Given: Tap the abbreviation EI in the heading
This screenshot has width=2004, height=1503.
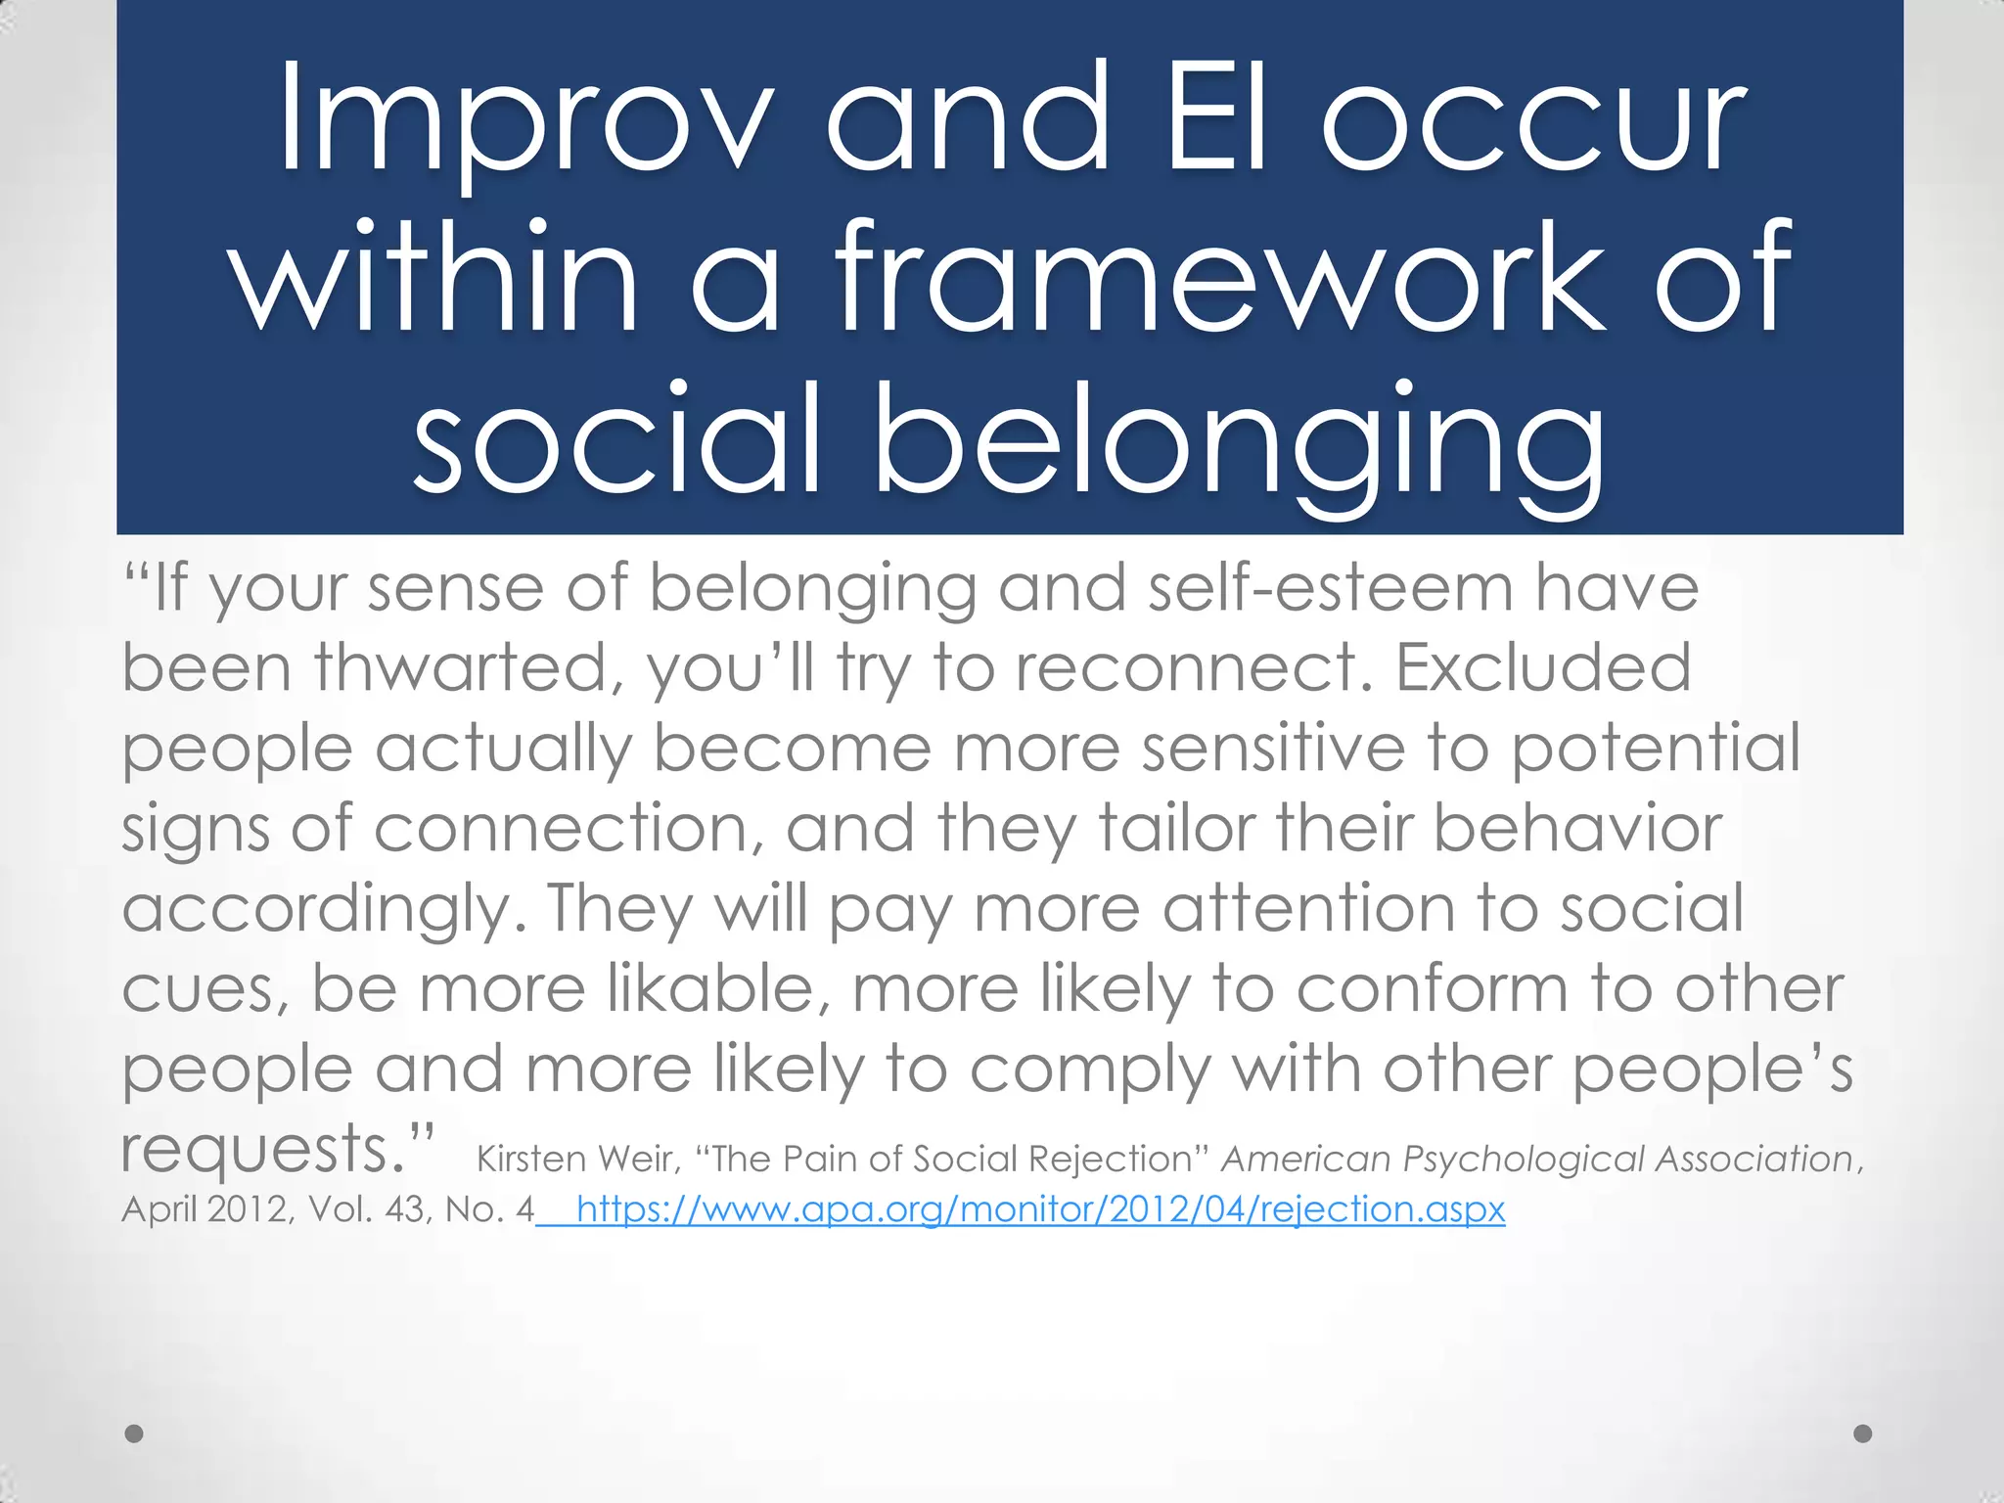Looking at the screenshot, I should (x=1216, y=120).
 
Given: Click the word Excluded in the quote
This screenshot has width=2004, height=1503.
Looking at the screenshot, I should (x=1543, y=668).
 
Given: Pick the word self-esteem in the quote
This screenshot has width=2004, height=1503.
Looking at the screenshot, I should (x=1330, y=588).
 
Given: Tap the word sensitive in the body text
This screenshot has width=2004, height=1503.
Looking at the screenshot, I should (x=1273, y=749).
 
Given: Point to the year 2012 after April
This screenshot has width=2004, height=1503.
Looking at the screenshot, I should (x=249, y=1210).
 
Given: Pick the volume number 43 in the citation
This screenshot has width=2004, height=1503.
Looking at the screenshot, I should (x=406, y=1210).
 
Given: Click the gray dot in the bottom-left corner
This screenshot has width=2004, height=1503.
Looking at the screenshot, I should (x=135, y=1434).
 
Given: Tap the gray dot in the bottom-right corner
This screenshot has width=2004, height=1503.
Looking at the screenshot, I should (x=1863, y=1434).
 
